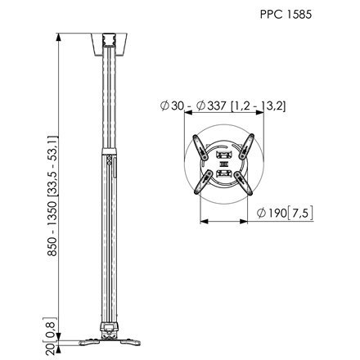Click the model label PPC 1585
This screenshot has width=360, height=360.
pos(286,15)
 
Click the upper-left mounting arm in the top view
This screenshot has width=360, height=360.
pos(200,147)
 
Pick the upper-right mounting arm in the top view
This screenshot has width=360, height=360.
pos(246,146)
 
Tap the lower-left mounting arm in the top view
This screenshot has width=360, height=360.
pos(203,182)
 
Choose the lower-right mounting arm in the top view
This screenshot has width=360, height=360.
pos(243,183)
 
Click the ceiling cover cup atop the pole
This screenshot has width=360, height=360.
pos(109,45)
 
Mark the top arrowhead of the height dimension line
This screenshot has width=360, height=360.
pos(58,37)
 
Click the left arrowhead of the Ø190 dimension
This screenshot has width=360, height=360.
pos(204,221)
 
